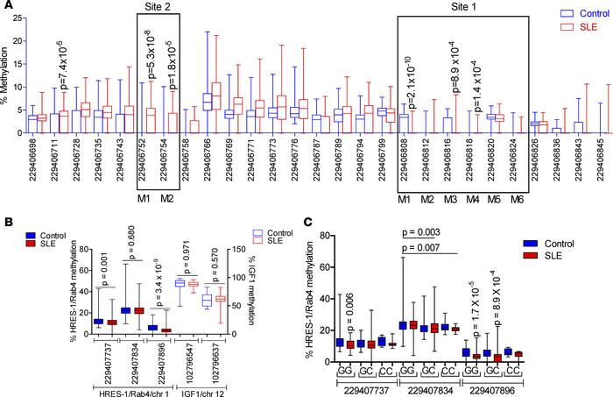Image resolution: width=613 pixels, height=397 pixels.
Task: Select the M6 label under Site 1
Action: click(517, 201)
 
